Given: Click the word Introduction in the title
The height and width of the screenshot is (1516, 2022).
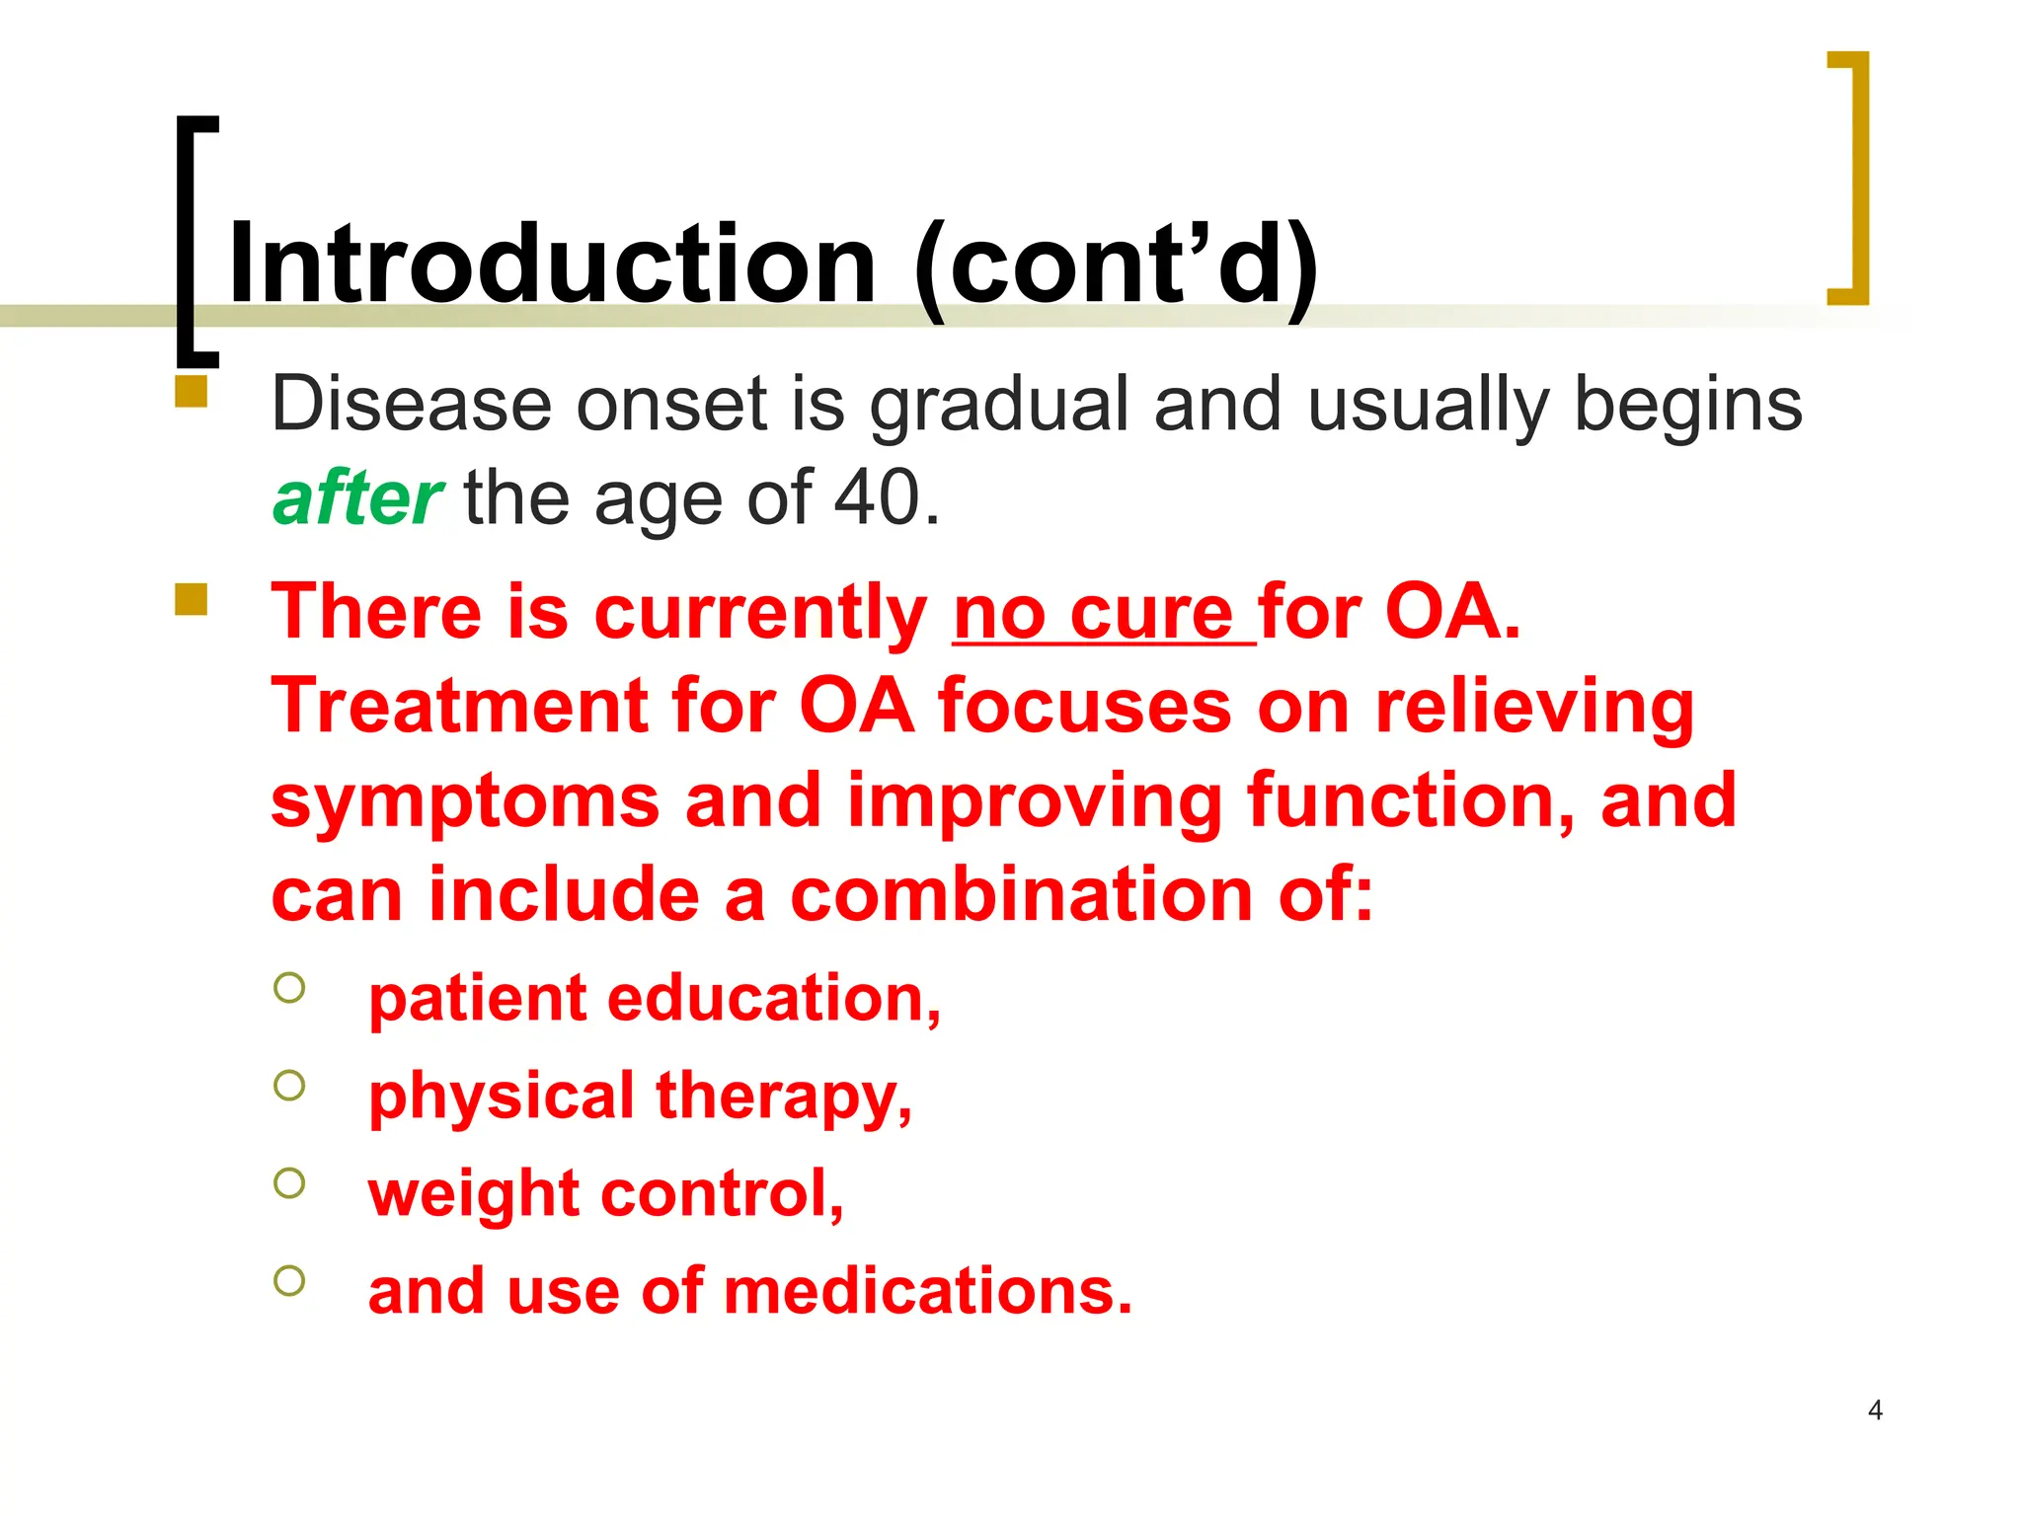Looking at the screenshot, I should [x=551, y=265].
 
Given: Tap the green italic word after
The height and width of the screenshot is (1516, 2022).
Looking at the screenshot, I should [x=357, y=498].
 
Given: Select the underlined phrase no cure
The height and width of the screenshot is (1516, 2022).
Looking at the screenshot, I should [x=1094, y=614].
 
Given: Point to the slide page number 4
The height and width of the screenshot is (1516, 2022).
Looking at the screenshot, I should [x=1875, y=1410].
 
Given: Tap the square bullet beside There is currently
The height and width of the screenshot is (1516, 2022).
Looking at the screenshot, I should [x=192, y=599].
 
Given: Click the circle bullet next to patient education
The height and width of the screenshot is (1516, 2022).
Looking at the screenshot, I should [x=289, y=987].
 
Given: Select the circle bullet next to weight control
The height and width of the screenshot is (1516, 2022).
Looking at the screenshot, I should [x=289, y=1182].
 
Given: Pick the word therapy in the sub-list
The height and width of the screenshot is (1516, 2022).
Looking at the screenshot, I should [x=784, y=1097].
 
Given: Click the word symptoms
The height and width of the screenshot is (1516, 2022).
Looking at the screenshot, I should [x=464, y=801].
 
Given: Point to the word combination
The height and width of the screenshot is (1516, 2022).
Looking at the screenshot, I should [x=1022, y=895].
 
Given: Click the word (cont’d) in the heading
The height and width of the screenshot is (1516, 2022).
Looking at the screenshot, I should [x=1116, y=265].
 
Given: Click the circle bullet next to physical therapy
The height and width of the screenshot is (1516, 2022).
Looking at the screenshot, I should [x=289, y=1086].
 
